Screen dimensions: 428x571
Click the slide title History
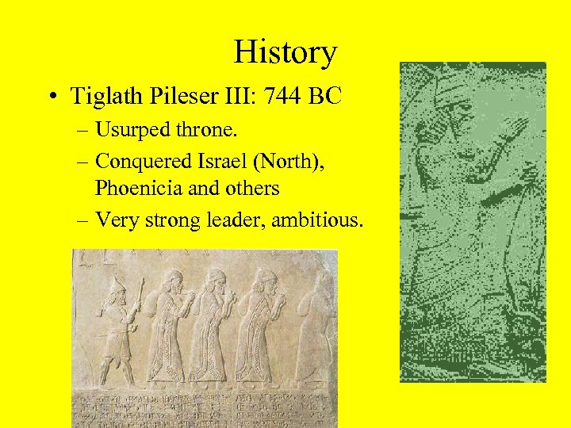[285, 53]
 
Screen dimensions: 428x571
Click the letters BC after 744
[326, 97]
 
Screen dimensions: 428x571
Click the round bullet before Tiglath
[53, 97]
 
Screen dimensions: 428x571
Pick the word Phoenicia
[135, 188]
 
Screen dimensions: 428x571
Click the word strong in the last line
[164, 220]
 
